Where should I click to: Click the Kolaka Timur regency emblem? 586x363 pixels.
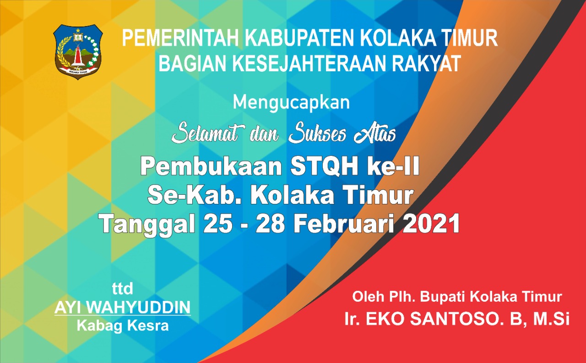pyautogui.click(x=78, y=52)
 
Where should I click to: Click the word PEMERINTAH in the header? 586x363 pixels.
pyautogui.click(x=180, y=38)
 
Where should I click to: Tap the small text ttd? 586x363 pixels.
pyautogui.click(x=122, y=288)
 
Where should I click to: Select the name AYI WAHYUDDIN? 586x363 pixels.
pyautogui.click(x=122, y=307)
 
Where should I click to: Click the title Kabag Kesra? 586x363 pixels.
pyautogui.click(x=123, y=326)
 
